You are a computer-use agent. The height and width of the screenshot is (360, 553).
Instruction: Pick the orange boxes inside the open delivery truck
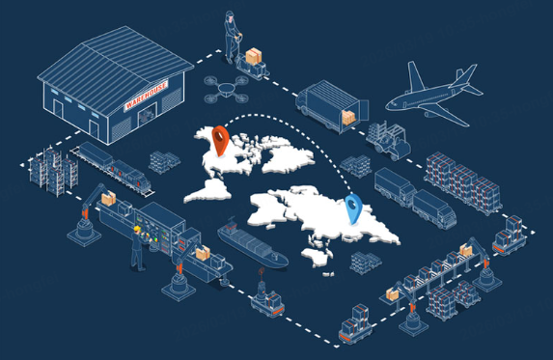point(347,116)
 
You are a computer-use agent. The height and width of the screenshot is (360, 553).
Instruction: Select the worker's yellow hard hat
point(138,231)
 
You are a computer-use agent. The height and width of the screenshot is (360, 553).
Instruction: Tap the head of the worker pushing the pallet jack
point(231,16)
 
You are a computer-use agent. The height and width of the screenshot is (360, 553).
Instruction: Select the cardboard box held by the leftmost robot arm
point(108,198)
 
